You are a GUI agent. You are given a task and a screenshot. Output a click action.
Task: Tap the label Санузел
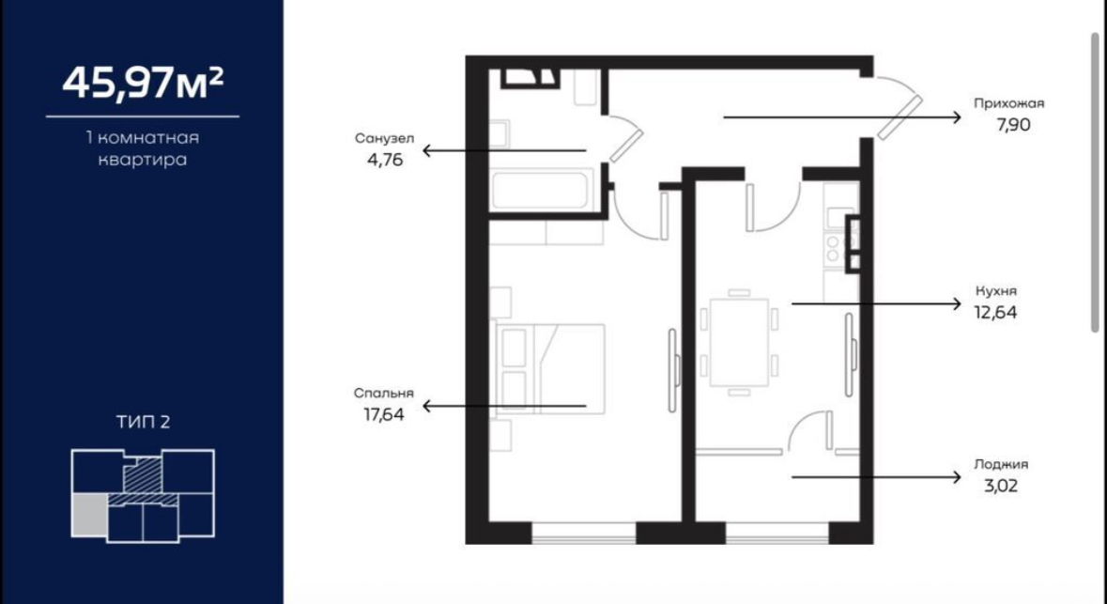(384, 138)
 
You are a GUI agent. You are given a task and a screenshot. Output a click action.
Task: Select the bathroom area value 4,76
(385, 160)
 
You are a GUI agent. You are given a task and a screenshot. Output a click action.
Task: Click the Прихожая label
(1008, 103)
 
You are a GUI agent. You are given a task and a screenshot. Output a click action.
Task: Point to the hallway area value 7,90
(1013, 125)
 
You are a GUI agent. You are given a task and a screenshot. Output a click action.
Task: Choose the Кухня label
(996, 290)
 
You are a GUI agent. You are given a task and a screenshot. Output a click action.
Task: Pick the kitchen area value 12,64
(996, 312)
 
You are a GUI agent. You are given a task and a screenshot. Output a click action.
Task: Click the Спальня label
(384, 394)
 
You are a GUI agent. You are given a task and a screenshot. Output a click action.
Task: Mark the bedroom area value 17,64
(384, 414)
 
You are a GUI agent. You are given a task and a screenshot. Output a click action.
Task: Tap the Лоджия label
(1001, 465)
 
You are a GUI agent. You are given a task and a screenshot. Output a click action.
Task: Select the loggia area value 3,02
(1000, 486)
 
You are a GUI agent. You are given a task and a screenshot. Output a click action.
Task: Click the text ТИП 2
(144, 423)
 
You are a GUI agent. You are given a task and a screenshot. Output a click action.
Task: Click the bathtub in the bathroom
(539, 190)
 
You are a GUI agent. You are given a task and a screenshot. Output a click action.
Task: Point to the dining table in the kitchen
(739, 342)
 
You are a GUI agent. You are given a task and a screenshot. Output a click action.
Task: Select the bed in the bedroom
(550, 368)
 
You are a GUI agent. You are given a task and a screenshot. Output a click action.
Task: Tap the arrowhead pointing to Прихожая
(957, 117)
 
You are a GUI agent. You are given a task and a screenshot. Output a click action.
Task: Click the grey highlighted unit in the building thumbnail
(89, 515)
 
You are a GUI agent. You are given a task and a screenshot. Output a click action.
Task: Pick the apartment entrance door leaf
(900, 118)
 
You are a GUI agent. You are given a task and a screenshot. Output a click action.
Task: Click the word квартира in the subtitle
(143, 160)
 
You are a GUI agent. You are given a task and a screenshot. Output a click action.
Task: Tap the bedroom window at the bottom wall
(584, 534)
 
